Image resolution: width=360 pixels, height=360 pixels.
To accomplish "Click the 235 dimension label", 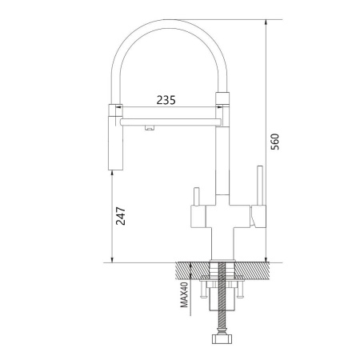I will tap(166, 101).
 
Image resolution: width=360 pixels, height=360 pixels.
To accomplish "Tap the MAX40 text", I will tap(183, 294).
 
